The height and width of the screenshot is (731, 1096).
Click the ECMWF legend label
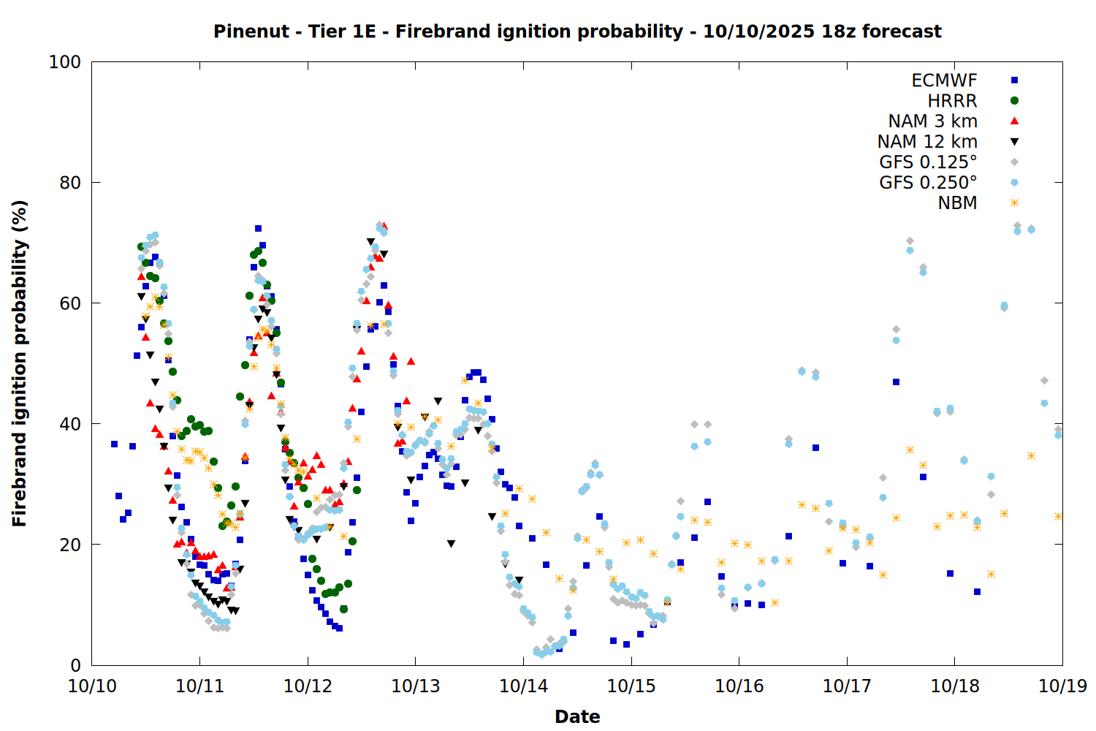pos(944,80)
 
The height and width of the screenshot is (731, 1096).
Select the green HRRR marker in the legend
pos(1014,101)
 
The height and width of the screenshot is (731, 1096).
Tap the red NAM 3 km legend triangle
pos(1014,121)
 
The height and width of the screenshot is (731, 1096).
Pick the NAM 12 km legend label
pos(927,142)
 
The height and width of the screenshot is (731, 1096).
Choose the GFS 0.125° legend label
pos(928,162)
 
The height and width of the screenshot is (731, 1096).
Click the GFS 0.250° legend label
pos(928,183)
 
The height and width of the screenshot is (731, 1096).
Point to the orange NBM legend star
pos(1014,203)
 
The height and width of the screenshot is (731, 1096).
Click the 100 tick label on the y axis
pos(65,62)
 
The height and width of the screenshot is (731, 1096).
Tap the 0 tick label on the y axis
pos(75,665)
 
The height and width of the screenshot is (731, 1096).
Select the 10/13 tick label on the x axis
pos(416,686)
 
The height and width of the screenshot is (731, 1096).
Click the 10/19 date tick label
pos(1062,686)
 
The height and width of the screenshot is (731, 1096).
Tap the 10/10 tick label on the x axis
pos(92,686)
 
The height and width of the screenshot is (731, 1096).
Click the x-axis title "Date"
pos(577,716)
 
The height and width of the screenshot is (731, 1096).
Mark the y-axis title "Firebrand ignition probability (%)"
pos(20,363)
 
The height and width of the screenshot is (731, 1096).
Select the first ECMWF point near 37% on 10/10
pos(114,444)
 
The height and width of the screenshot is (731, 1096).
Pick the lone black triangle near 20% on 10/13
pos(451,544)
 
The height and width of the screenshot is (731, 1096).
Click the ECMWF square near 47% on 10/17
pos(896,382)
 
